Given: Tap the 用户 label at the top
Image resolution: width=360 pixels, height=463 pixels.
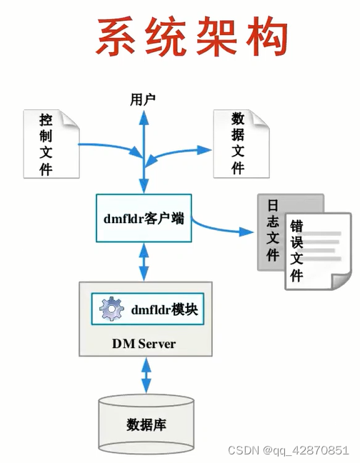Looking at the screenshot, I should (x=143, y=99).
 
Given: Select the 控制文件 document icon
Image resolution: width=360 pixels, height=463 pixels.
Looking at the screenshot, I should (x=50, y=143).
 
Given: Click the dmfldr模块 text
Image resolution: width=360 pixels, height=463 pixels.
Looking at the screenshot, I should (x=164, y=310).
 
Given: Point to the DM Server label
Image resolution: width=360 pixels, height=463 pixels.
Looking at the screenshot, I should (x=144, y=344).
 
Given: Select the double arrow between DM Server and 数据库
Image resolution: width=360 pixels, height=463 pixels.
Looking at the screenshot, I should (x=146, y=374).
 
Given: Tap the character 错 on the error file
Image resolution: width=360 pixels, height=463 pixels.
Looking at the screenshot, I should (x=296, y=226).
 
